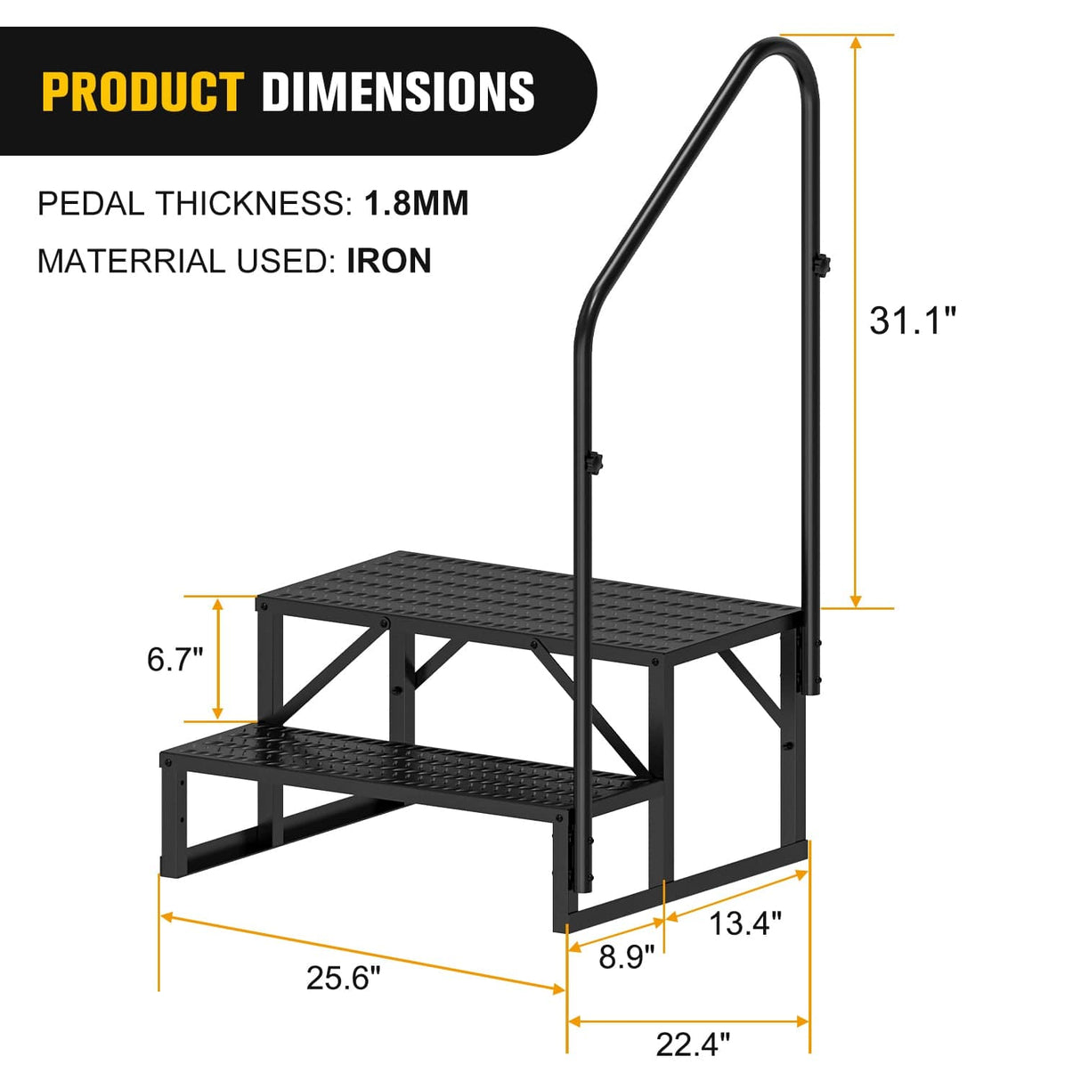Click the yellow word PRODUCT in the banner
click(x=142, y=92)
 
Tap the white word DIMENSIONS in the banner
click(x=398, y=92)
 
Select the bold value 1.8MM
click(x=416, y=204)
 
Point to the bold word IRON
click(x=389, y=261)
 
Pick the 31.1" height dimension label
click(x=912, y=320)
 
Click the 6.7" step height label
click(x=175, y=659)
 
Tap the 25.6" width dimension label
click(x=343, y=977)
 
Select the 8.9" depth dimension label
click(x=626, y=957)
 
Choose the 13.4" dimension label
click(x=744, y=923)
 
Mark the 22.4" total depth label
click(x=692, y=1044)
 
